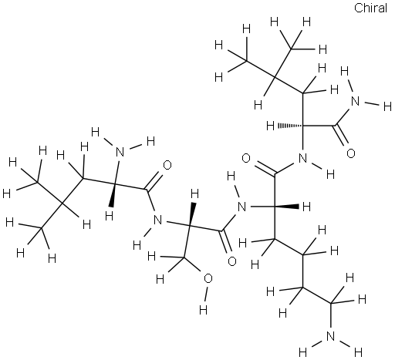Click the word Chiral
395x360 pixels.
[370, 8]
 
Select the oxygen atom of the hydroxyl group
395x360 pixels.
[208, 279]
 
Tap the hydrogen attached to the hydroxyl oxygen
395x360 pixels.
[203, 310]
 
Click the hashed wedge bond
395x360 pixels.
[290, 126]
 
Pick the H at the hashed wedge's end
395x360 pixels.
[270, 126]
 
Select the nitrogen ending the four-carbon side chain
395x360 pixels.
[331, 336]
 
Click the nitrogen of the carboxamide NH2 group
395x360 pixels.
[355, 102]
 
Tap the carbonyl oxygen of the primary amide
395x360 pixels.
[351, 153]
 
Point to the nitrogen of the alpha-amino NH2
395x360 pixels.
[120, 152]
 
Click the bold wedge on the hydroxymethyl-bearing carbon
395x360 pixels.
[192, 214]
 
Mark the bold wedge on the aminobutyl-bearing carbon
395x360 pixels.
[287, 206]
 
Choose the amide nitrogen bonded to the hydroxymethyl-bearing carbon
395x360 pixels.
[157, 220]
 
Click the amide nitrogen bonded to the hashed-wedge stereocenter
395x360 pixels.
[302, 157]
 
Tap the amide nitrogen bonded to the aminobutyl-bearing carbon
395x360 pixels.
[242, 207]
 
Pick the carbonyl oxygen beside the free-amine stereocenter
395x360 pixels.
[167, 165]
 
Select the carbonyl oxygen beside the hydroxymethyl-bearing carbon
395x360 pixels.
[232, 261]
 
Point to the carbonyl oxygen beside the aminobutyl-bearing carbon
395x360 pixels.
[246, 159]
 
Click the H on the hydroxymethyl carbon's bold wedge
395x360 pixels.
[195, 193]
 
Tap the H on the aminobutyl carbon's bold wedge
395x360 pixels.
[307, 207]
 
